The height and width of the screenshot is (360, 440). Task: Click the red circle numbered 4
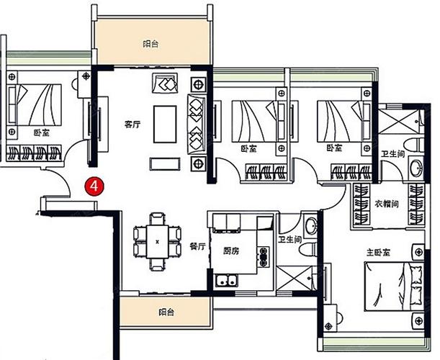pos(94,186)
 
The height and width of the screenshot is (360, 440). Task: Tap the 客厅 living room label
pos(133,124)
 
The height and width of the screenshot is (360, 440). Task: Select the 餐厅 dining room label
pos(198,247)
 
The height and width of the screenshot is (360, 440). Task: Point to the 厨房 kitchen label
pos(231,251)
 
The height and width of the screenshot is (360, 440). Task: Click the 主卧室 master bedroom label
pos(378,253)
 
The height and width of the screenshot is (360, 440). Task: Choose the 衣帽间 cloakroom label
pos(387,204)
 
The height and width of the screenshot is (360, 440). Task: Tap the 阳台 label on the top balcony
pos(151,44)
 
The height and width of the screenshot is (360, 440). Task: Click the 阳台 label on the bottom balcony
pos(166,312)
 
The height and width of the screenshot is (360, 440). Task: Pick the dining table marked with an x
pos(158,242)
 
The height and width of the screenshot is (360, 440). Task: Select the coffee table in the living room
pos(165,124)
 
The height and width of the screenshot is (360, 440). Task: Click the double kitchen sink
pos(226,281)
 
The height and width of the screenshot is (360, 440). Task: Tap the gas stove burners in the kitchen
pos(264,256)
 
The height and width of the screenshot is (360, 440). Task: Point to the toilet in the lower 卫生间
pos(307,249)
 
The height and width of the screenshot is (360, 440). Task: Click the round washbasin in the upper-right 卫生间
pos(416,168)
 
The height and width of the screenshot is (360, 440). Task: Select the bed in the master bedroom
pos(394,287)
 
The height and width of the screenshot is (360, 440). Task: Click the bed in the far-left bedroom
pos(35,104)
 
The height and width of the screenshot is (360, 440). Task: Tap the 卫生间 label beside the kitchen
pos(290,239)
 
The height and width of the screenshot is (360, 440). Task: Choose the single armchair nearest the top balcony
pos(165,83)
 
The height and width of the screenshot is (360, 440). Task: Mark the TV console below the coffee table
pos(165,164)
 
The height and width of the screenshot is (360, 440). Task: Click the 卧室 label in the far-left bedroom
pos(42,132)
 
